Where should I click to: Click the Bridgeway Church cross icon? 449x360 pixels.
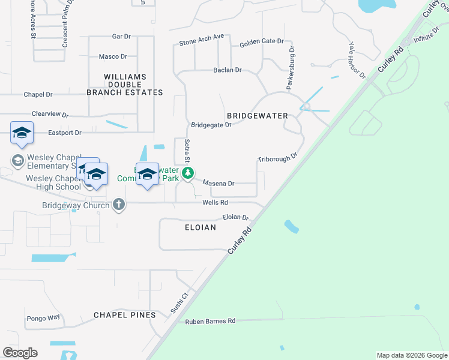point(119,205)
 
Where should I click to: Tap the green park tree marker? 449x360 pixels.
point(188,173)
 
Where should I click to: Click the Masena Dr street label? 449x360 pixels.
point(218,183)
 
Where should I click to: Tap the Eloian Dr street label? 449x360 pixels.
point(235,217)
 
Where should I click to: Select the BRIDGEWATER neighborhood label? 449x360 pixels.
point(257,115)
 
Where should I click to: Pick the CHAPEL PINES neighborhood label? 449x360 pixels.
point(125,315)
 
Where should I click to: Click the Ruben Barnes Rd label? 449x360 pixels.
point(210,322)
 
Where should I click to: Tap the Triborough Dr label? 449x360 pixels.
point(277,158)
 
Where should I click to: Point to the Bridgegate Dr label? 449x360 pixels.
point(211,125)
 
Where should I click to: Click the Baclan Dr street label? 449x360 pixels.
point(227,70)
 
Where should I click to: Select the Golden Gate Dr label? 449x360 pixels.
point(261,41)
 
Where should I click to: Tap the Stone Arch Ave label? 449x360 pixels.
point(202,40)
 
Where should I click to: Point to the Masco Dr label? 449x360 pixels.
point(113,56)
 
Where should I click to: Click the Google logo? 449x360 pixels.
point(20,353)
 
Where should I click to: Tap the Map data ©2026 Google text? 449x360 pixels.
point(411,355)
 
